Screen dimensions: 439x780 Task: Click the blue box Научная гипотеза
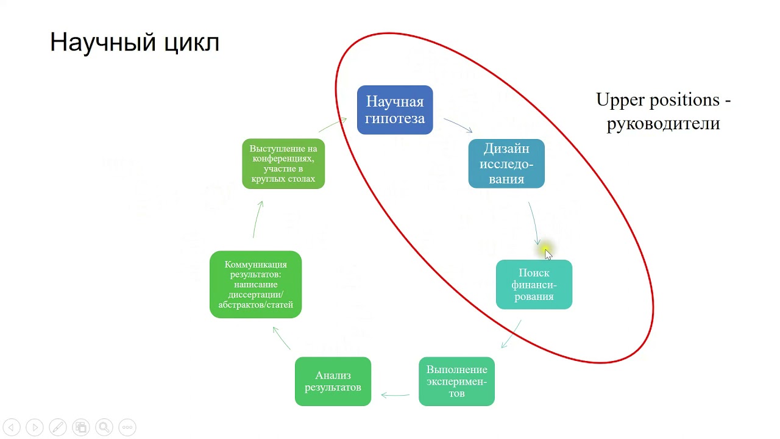(x=395, y=110)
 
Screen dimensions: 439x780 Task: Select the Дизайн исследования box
(x=506, y=163)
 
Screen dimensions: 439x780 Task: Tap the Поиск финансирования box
(x=534, y=285)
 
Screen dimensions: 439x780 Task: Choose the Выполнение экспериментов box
(x=456, y=381)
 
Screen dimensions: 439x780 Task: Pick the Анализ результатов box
(x=333, y=381)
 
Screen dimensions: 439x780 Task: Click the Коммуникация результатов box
(x=255, y=284)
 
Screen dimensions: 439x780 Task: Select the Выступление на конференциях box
(x=283, y=163)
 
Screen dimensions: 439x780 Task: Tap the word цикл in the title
(x=191, y=43)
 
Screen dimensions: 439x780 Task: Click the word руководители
(x=663, y=123)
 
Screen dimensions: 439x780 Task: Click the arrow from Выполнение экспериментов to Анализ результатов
(x=395, y=395)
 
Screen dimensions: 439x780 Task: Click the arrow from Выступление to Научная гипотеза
(x=332, y=124)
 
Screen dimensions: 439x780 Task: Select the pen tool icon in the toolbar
(x=58, y=427)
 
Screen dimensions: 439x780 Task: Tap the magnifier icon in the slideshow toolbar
(x=104, y=427)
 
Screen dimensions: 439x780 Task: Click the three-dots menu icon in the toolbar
(x=127, y=427)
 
